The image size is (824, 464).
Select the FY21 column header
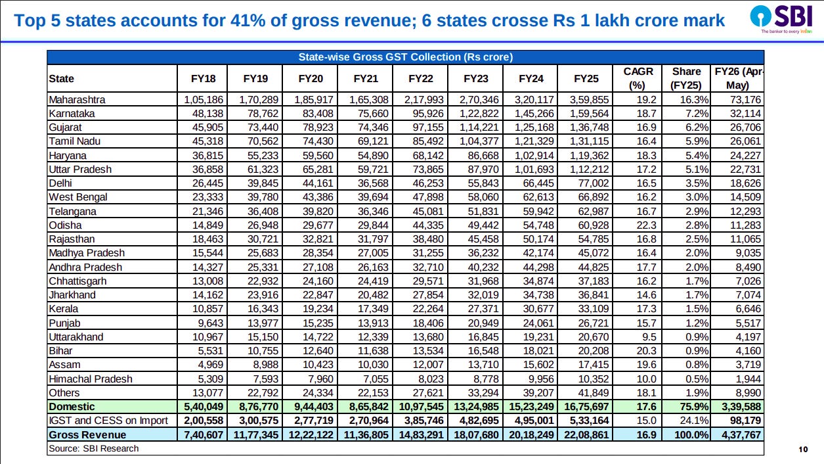(x=366, y=79)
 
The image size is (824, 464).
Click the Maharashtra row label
(x=77, y=100)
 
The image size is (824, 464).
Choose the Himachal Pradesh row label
(x=91, y=379)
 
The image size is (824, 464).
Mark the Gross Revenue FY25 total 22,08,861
(x=586, y=435)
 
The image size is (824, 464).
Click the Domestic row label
(x=72, y=407)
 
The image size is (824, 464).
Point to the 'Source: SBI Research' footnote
(x=93, y=448)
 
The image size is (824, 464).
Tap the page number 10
(x=802, y=450)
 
